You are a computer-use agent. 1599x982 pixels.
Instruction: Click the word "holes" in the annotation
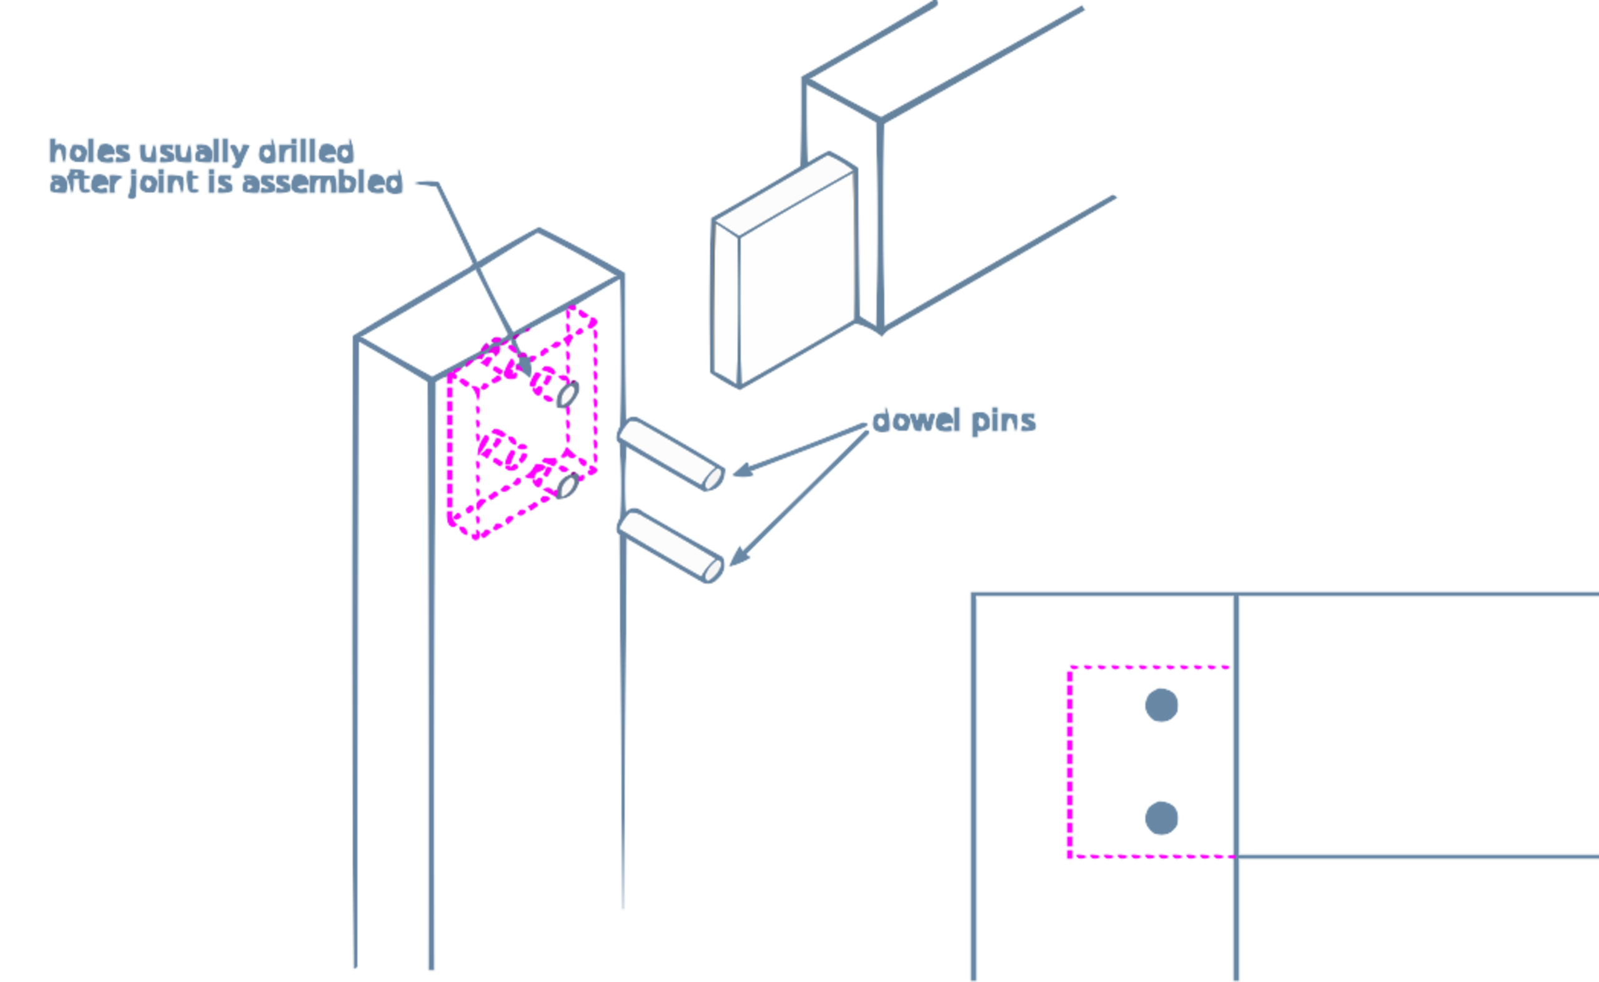[89, 151]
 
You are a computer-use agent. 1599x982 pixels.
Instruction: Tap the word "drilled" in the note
[306, 151]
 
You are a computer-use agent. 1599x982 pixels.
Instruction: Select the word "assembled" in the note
[322, 182]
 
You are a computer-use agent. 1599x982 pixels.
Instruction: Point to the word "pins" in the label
[1003, 422]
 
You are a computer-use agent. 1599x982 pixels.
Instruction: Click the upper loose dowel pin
[671, 455]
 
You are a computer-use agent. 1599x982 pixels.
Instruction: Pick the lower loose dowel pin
[671, 546]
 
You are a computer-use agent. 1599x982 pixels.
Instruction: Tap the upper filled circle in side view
[1161, 705]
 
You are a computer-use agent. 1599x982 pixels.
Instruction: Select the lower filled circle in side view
[1161, 818]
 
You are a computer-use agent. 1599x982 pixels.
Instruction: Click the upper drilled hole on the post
[567, 395]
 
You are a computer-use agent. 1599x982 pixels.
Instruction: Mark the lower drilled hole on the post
[567, 487]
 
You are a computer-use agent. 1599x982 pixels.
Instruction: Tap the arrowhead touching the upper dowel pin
[743, 470]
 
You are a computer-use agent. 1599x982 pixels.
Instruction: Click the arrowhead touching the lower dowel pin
[739, 556]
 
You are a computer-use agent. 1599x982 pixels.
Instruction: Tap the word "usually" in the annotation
[194, 152]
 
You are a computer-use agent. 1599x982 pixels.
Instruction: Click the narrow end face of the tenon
[725, 304]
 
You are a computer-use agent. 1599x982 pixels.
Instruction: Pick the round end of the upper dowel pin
[713, 479]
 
